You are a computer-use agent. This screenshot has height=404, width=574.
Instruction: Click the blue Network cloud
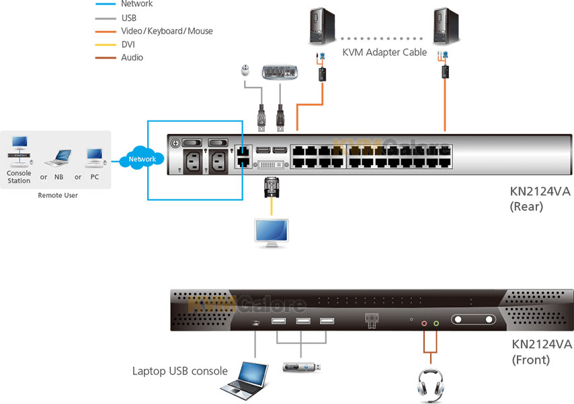[142, 160]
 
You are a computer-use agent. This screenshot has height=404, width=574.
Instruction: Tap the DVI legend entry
[128, 44]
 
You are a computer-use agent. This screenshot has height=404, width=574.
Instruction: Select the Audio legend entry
[132, 58]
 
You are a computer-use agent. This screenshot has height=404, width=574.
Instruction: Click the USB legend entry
[128, 18]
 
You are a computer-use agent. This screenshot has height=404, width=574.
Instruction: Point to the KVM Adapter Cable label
[384, 53]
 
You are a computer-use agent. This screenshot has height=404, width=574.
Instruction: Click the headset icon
[430, 384]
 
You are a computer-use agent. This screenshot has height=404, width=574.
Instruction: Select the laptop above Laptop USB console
[243, 380]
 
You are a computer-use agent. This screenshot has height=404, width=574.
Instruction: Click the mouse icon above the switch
[246, 72]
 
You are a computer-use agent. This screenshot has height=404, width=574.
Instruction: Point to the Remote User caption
[57, 195]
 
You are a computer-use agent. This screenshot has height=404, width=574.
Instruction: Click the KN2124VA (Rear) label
[540, 199]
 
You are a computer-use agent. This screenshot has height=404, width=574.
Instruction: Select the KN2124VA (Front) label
[541, 352]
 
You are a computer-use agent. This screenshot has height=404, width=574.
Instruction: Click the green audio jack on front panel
[436, 323]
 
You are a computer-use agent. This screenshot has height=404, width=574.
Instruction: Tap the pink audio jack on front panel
[424, 323]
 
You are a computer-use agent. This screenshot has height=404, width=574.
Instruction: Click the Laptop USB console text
[179, 371]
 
